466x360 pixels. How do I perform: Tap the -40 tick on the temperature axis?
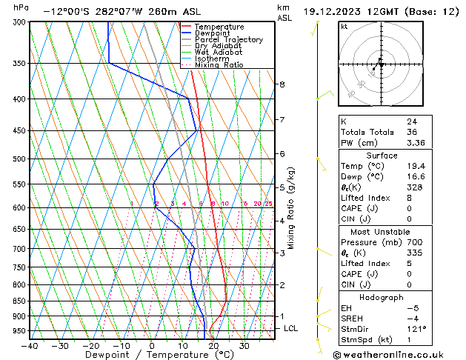30,345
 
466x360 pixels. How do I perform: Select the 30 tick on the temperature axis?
243,345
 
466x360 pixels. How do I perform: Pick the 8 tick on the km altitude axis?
282,84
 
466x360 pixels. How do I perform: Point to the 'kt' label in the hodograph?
344,27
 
